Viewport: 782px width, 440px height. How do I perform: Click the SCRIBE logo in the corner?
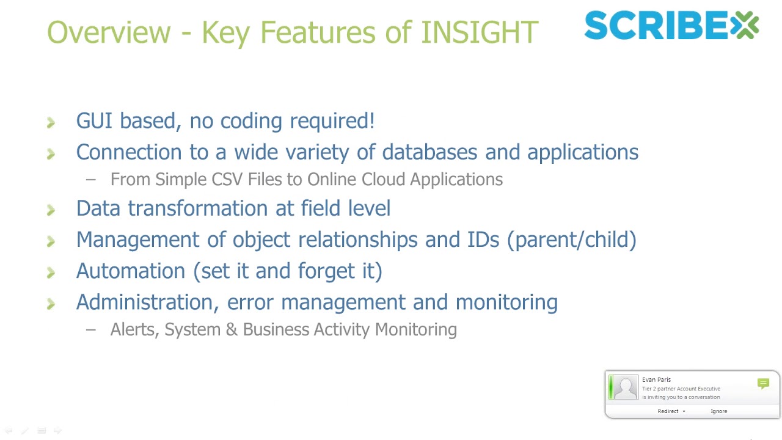(x=671, y=26)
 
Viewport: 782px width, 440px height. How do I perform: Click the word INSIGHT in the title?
(x=479, y=32)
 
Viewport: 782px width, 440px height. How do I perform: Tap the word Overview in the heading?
(x=109, y=32)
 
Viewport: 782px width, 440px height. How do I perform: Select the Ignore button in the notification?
(x=718, y=411)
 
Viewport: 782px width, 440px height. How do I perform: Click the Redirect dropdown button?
(x=671, y=411)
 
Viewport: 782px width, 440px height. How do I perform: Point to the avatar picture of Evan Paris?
(x=624, y=388)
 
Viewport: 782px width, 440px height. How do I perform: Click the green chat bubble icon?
(x=763, y=384)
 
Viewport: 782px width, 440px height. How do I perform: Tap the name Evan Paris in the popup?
(x=656, y=380)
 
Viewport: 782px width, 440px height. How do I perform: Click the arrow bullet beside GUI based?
(x=51, y=122)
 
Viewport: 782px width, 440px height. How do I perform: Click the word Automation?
(x=130, y=271)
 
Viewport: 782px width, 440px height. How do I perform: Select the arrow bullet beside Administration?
(x=51, y=304)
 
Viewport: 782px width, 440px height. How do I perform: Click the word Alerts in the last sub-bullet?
(x=135, y=329)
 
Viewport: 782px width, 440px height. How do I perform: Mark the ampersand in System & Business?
(x=231, y=329)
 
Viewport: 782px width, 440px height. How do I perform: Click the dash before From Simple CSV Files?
(x=91, y=180)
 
